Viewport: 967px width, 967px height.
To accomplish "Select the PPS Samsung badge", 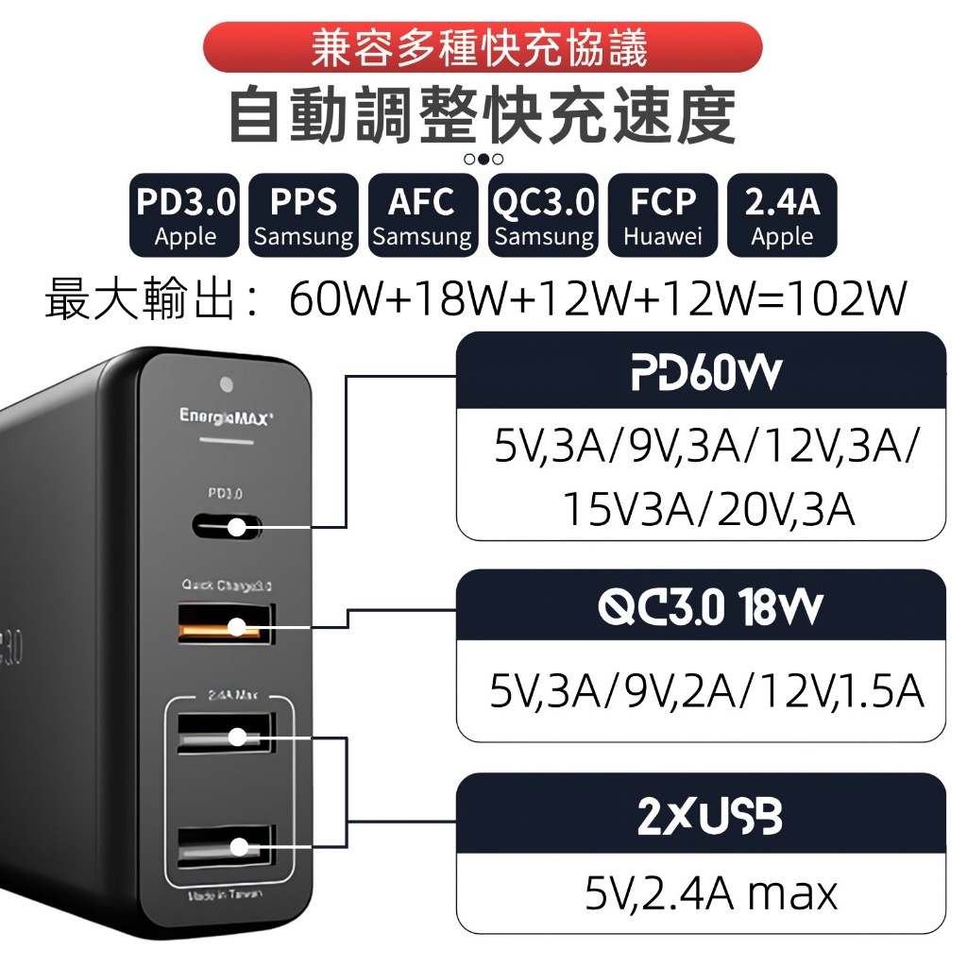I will point(303,215).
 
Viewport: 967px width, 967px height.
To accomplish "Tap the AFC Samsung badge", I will point(422,215).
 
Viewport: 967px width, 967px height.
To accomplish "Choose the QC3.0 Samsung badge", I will point(543,215).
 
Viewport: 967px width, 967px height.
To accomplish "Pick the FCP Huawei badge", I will point(663,215).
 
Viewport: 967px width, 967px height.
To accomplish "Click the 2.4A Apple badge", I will point(782,215).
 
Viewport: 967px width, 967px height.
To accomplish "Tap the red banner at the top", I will point(483,47).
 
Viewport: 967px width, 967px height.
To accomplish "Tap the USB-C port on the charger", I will point(227,526).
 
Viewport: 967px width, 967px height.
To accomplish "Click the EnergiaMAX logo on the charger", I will point(227,415).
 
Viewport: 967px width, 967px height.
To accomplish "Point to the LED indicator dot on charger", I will point(226,384).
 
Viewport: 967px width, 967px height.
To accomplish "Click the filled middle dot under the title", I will point(483,159).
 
